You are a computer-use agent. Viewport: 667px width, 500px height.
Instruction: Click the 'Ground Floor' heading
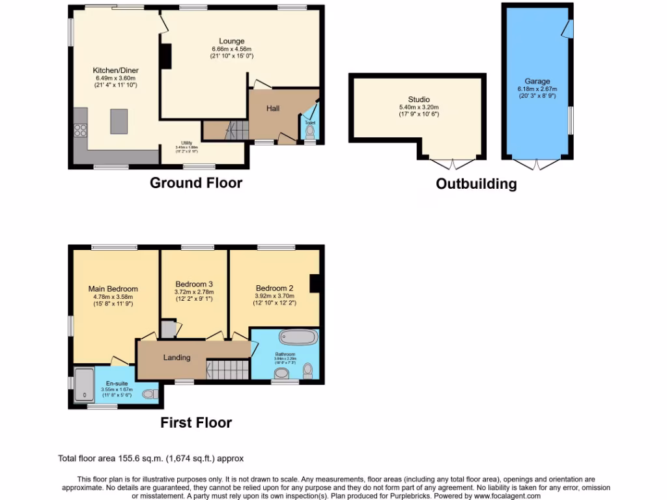click(196, 183)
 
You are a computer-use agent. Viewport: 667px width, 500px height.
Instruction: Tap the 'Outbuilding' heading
click(476, 184)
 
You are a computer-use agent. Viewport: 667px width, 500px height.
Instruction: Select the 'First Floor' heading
click(196, 423)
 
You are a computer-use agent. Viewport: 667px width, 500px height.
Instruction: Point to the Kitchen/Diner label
click(115, 70)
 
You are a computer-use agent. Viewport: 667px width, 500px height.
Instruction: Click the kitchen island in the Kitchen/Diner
click(119, 120)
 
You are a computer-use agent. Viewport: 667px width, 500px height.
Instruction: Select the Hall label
click(273, 108)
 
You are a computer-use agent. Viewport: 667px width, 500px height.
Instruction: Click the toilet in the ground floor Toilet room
click(309, 133)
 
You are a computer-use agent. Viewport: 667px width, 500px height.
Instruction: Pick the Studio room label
click(419, 100)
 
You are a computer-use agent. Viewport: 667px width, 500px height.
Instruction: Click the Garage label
click(538, 81)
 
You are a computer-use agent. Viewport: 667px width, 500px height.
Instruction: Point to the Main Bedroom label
click(113, 289)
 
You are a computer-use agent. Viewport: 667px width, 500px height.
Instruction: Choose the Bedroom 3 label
click(194, 285)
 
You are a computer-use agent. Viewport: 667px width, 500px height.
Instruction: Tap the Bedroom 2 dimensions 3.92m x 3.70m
click(274, 296)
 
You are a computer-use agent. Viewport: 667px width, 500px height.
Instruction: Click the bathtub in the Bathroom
click(298, 337)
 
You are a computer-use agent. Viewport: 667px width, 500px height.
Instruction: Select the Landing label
click(177, 357)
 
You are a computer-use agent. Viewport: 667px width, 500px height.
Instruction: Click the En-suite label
click(117, 384)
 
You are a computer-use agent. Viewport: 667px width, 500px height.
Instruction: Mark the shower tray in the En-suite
click(83, 384)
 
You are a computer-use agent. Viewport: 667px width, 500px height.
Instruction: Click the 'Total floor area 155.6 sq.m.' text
click(151, 458)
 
